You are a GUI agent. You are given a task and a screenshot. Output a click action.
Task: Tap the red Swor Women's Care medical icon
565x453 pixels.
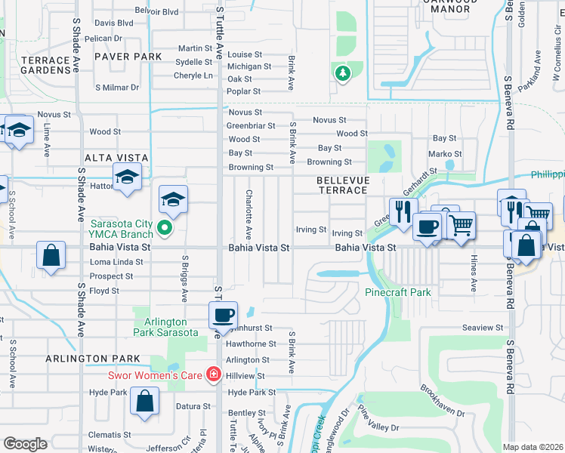point(214,374)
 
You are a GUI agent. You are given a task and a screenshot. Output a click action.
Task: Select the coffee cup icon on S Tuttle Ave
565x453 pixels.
point(222,315)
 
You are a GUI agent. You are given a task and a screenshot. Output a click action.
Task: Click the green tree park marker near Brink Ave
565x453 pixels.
point(343,73)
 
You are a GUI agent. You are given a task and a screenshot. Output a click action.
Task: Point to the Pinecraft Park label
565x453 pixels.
point(397,291)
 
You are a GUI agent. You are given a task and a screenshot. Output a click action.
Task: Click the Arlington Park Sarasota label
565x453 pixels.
point(165,326)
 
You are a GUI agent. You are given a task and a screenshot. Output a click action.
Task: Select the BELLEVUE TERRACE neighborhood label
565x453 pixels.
point(341,185)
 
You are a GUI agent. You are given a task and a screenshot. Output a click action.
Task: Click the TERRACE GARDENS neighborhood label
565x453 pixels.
point(36,64)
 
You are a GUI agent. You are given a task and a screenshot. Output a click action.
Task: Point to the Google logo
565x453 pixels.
point(25,443)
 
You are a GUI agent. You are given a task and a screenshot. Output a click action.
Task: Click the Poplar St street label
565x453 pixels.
point(244,91)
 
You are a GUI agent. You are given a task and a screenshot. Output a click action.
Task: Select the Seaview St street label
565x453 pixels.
point(483,328)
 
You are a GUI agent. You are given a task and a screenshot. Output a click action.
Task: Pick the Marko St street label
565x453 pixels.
point(440,154)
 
